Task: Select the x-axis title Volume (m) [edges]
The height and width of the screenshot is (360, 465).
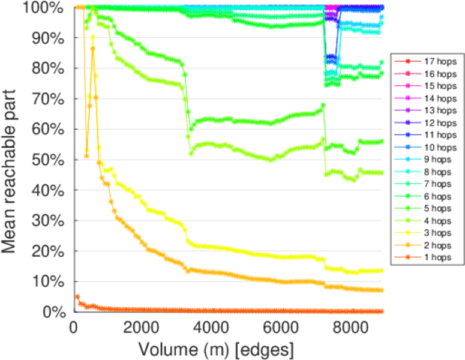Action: [215, 349]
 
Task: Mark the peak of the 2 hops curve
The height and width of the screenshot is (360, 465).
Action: [93, 49]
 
